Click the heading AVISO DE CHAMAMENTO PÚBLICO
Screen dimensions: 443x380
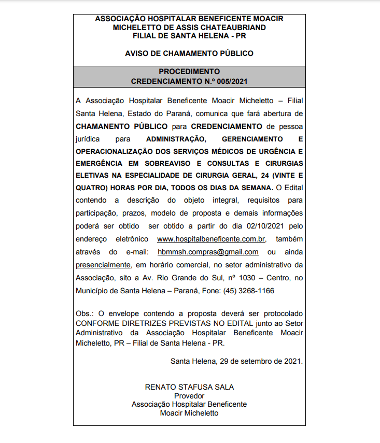(x=189, y=53)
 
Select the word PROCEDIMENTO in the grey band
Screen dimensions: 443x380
(x=189, y=72)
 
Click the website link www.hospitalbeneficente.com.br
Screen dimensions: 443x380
(x=211, y=239)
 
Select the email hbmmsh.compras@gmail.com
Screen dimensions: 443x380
(x=208, y=252)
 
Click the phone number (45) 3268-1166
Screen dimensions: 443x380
(x=249, y=291)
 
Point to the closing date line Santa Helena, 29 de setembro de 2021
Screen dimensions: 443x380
(x=236, y=361)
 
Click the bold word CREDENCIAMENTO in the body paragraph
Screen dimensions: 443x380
(x=226, y=126)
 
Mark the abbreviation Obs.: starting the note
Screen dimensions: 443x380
(x=85, y=314)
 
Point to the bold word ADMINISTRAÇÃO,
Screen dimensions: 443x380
(x=176, y=139)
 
